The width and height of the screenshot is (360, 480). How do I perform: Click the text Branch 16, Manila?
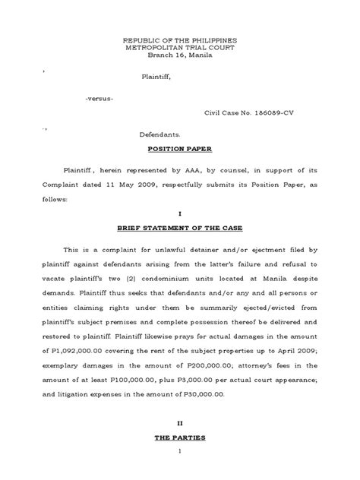point(180,55)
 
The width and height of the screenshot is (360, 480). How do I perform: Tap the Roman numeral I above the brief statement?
point(180,214)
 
